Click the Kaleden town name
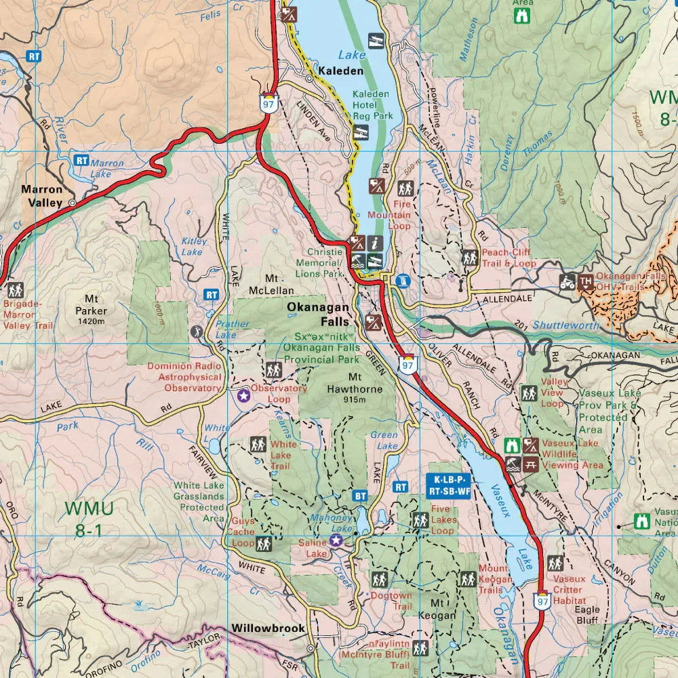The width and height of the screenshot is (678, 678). click(341, 71)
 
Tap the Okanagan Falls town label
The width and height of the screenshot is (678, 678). click(318, 313)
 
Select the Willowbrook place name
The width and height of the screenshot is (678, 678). click(268, 629)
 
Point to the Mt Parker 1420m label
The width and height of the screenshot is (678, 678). click(92, 309)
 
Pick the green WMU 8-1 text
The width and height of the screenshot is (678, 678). click(89, 518)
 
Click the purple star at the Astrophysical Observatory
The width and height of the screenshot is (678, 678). click(243, 395)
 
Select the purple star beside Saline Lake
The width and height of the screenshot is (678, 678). click(336, 540)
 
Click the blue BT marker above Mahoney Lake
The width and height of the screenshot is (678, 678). click(360, 496)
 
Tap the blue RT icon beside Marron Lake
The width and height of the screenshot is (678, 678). click(82, 161)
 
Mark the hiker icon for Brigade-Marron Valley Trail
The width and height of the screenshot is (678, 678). click(15, 290)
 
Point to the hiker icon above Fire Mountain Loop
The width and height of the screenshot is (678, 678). click(405, 188)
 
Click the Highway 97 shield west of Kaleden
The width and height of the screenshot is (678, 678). click(268, 102)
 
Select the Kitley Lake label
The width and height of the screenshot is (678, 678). click(193, 246)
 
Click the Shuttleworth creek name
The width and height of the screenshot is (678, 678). click(565, 326)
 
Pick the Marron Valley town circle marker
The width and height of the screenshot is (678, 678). click(72, 202)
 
